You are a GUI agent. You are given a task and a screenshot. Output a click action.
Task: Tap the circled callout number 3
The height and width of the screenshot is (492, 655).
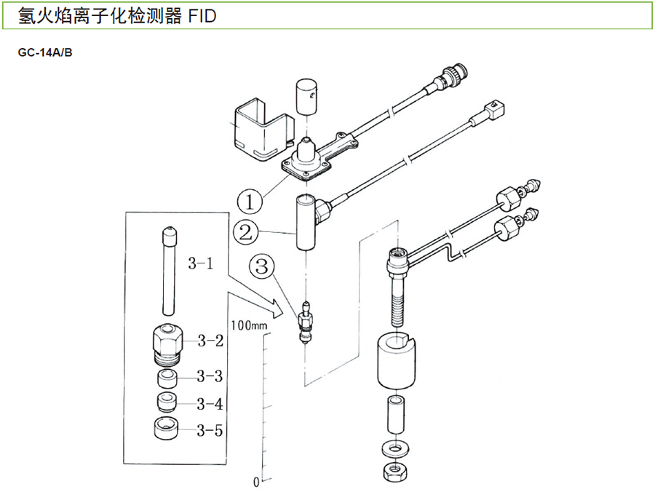coord(263,266)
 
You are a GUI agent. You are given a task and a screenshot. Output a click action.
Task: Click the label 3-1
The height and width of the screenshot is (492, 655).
coord(201,264)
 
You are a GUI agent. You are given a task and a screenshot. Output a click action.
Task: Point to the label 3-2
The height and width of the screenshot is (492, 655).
coord(210,339)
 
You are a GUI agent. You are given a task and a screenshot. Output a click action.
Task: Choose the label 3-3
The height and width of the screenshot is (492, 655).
coord(210,376)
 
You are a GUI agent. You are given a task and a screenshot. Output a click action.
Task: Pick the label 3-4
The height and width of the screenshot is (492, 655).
coord(210,404)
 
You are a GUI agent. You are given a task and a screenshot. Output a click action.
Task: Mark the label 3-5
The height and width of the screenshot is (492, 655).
coord(210,430)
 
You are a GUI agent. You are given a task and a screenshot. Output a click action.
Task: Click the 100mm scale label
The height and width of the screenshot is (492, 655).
coord(249,324)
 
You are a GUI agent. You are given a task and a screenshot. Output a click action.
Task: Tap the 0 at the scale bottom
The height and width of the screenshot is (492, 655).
coord(256,482)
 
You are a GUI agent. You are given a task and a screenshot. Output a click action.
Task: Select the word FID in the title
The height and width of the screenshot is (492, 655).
coord(200,15)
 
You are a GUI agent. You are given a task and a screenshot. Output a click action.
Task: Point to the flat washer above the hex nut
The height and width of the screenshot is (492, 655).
coord(397,445)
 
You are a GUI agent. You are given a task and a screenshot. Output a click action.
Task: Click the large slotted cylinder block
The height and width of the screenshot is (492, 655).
coord(397,363)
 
